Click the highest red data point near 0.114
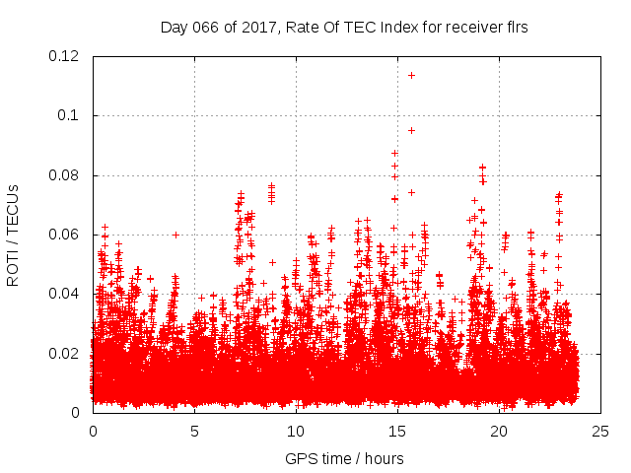[x=411, y=75]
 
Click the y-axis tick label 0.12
[x=66, y=56]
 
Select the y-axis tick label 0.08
[x=66, y=175]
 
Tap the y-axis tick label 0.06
[x=66, y=235]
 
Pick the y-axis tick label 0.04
[x=66, y=294]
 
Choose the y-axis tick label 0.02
[x=66, y=354]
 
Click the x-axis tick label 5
[x=194, y=432]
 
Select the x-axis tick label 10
[x=296, y=432]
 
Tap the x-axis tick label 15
[x=397, y=432]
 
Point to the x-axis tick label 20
[x=499, y=432]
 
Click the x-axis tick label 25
[x=600, y=432]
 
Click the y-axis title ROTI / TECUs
[x=13, y=235]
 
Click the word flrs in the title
[x=515, y=28]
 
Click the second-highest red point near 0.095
[x=411, y=130]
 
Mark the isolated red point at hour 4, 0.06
[x=175, y=235]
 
